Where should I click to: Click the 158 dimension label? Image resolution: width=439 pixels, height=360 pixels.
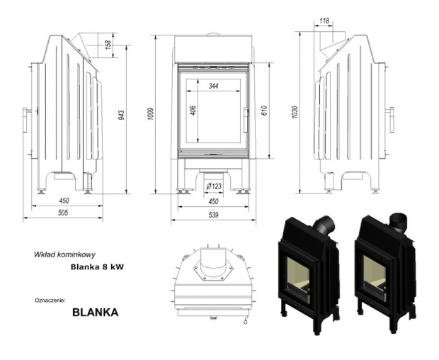click(x=108, y=44)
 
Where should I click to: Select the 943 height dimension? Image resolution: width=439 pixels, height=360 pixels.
click(x=121, y=116)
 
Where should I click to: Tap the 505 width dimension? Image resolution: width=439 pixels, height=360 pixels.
click(x=63, y=213)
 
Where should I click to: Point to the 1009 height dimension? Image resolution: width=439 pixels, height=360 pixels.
click(x=151, y=114)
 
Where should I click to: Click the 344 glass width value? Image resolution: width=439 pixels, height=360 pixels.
click(x=213, y=86)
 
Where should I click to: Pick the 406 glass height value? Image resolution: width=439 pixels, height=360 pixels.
click(x=193, y=110)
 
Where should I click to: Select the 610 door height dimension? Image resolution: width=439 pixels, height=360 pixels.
click(x=265, y=110)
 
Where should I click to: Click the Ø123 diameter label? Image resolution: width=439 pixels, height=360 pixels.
click(x=214, y=186)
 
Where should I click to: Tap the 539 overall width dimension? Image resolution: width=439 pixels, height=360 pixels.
click(x=213, y=215)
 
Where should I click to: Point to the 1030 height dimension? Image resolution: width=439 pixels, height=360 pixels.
click(x=295, y=112)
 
